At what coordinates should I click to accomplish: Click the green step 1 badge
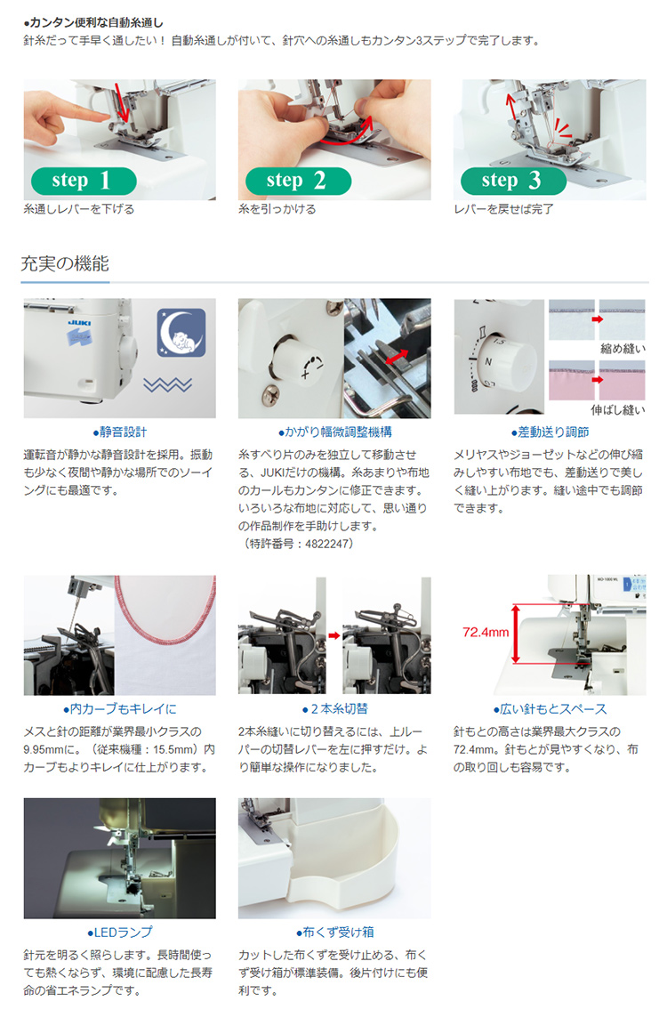(84, 181)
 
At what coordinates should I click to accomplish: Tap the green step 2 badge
(298, 181)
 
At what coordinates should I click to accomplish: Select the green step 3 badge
(513, 181)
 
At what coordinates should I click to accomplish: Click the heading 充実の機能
(65, 263)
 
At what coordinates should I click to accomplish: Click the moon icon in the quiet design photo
(181, 333)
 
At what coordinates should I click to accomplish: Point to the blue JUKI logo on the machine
(80, 323)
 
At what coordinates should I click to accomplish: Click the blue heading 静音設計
(119, 432)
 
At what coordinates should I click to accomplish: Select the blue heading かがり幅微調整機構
(334, 432)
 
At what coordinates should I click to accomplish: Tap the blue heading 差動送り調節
(550, 432)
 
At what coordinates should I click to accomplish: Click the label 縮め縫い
(623, 348)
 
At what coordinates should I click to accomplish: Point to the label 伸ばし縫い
(617, 410)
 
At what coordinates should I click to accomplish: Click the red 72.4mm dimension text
(486, 633)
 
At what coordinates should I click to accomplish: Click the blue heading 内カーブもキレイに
(119, 709)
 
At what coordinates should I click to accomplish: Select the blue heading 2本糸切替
(334, 709)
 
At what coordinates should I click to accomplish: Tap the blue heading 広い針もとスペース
(550, 709)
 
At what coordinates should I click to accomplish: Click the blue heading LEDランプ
(119, 933)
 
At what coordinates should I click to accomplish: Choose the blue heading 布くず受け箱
(334, 933)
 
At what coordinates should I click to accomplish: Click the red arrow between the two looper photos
(334, 635)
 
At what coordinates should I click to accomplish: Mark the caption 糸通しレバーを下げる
(79, 209)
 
